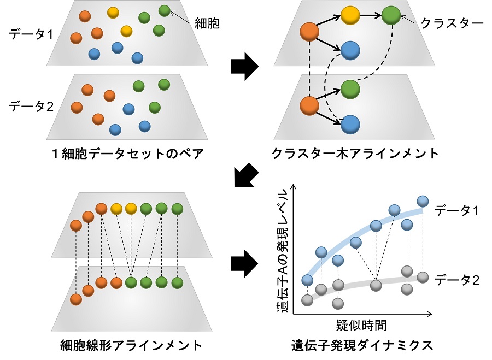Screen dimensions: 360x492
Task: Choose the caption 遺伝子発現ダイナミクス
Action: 362,345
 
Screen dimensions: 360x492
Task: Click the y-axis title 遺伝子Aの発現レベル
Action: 283,251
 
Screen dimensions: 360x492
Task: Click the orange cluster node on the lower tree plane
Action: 309,104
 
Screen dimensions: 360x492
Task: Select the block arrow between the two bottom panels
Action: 244,262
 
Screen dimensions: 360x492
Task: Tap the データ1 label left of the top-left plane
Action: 31,34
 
